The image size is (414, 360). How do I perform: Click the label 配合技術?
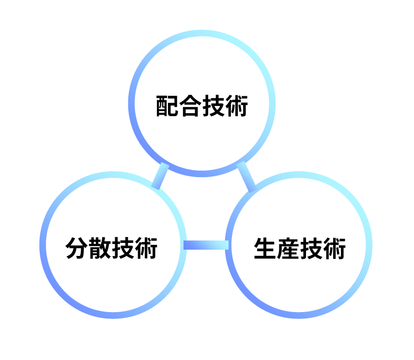(x=202, y=106)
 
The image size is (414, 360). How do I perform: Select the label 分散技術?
(x=111, y=248)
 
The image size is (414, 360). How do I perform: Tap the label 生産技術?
(x=300, y=248)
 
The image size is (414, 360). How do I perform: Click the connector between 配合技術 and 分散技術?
(x=160, y=176)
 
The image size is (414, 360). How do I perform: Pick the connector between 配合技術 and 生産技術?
(x=246, y=177)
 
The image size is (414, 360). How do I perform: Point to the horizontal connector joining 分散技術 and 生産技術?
(x=206, y=245)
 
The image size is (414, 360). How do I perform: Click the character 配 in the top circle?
(x=168, y=106)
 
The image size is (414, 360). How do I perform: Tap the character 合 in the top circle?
(x=191, y=106)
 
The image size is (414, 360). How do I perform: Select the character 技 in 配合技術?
(x=214, y=106)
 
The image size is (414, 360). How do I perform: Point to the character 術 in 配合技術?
(x=237, y=106)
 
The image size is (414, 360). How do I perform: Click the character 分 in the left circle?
(x=77, y=248)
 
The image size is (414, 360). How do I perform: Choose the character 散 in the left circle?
(x=100, y=248)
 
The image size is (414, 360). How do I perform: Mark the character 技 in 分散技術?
(x=123, y=248)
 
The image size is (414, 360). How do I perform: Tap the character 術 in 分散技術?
(x=146, y=248)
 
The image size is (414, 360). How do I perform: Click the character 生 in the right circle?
(x=265, y=248)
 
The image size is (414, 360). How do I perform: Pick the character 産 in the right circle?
(x=288, y=248)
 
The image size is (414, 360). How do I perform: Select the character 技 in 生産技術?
(x=311, y=248)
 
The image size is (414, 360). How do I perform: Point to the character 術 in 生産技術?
(x=334, y=248)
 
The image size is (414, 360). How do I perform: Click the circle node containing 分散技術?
(x=113, y=245)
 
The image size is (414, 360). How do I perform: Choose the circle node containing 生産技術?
(x=299, y=245)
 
